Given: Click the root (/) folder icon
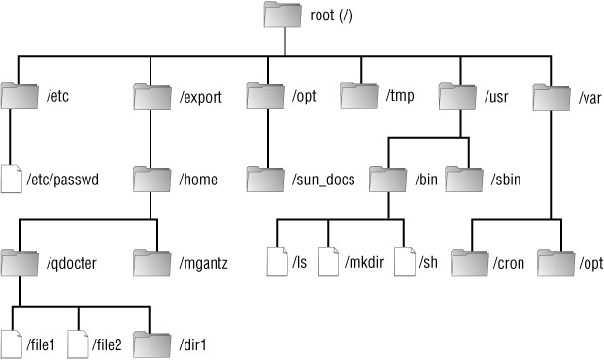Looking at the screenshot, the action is pos(283,15).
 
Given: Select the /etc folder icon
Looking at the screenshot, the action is pos(19,95).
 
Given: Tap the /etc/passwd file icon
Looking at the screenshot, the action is pos(12,179).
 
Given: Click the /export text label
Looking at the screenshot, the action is pos(201,97).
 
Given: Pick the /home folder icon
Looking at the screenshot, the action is pos(152,180).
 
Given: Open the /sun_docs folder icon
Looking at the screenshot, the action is pos(265,180).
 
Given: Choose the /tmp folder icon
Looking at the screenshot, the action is pos(359,95).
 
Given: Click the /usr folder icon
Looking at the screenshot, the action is pos(457,96).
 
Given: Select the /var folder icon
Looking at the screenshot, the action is pos(552,97).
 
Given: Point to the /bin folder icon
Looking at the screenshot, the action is pos(387,180).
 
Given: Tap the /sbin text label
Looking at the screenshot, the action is pos(506,180).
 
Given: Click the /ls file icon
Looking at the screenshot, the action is pos(278,261).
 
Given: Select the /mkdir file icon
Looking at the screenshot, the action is pos(328,261).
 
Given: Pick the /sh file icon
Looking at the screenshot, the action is pos(405,261).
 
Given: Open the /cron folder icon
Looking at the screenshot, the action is pos(470,263).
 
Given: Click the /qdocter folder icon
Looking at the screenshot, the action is pos(19,263).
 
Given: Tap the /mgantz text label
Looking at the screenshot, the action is pos(203,263).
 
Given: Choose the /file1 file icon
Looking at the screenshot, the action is pos(12,344).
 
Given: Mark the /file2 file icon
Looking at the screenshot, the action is pos(79,344).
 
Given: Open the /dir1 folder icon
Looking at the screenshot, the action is pos(152,344).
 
